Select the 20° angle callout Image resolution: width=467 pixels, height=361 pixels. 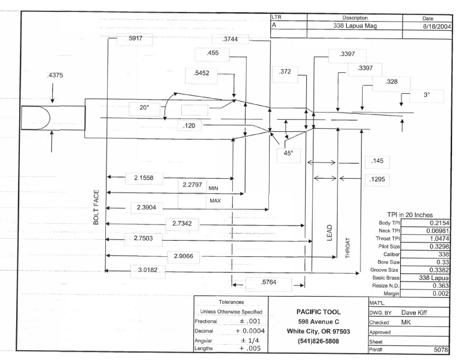click(x=144, y=108)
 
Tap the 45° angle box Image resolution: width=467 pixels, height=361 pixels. click(x=288, y=153)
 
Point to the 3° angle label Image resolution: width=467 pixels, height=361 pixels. click(x=426, y=95)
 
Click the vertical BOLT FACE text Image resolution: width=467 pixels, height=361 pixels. click(x=96, y=208)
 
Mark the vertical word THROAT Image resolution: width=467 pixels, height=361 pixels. click(x=348, y=247)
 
